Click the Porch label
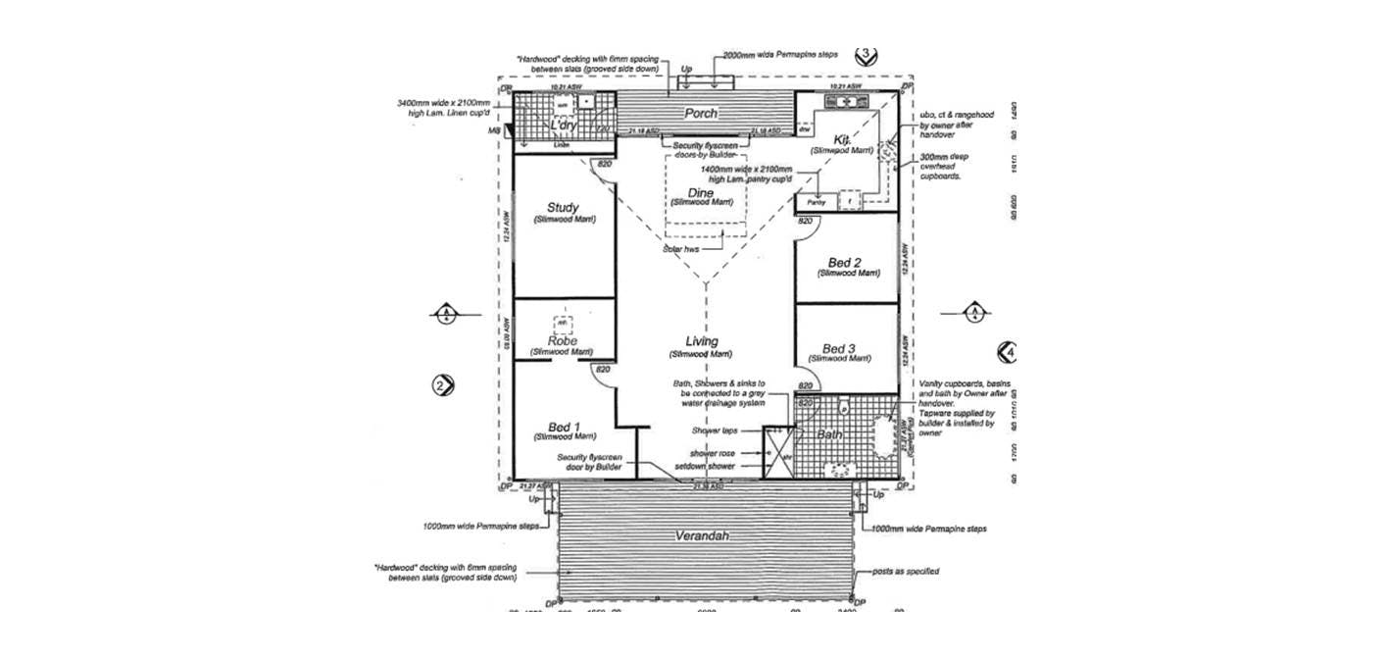pyautogui.click(x=702, y=114)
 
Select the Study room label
pyautogui.click(x=563, y=208)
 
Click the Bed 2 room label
pyautogui.click(x=844, y=263)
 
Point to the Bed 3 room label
pyautogui.click(x=839, y=349)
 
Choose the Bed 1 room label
pyautogui.click(x=565, y=427)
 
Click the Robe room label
pyautogui.click(x=562, y=342)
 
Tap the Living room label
pyautogui.click(x=702, y=342)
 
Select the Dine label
pyautogui.click(x=700, y=193)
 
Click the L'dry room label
pyautogui.click(x=563, y=126)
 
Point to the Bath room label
pyautogui.click(x=830, y=433)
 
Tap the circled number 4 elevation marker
pyautogui.click(x=1007, y=351)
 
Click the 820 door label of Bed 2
pyautogui.click(x=805, y=223)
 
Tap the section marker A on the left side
pyautogui.click(x=445, y=314)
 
